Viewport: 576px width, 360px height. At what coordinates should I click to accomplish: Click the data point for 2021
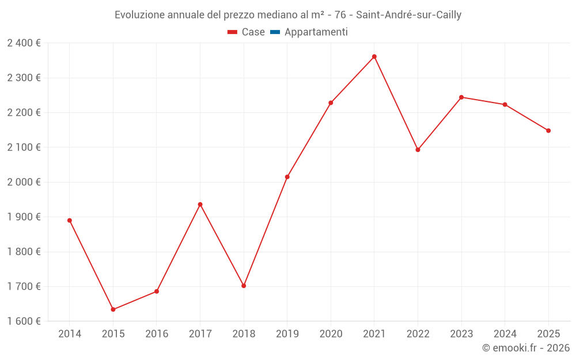click(x=374, y=56)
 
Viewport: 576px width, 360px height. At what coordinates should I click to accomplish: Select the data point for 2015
click(x=113, y=309)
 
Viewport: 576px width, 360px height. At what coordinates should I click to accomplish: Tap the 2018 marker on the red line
click(x=244, y=286)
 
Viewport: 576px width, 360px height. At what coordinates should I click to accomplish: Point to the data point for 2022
click(x=418, y=150)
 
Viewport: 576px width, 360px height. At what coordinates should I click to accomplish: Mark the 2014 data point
click(x=70, y=221)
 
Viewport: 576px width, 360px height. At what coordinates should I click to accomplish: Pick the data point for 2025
click(x=548, y=131)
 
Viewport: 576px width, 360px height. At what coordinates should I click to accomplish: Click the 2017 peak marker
click(x=200, y=204)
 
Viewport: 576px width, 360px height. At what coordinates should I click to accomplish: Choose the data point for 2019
click(x=287, y=177)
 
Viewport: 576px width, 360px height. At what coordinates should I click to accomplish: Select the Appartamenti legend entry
click(x=316, y=32)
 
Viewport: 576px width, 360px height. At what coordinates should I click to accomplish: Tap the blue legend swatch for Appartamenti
click(x=275, y=32)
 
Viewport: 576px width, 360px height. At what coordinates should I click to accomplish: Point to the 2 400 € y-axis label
click(x=24, y=43)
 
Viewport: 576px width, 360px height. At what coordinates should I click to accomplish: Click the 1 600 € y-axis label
click(x=24, y=321)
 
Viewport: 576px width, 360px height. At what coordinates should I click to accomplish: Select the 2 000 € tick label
click(x=24, y=182)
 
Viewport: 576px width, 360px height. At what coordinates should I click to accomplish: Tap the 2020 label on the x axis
click(x=331, y=334)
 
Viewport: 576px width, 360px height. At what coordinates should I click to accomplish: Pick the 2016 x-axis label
click(x=157, y=334)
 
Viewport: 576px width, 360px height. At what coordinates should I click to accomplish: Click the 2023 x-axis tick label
click(x=461, y=334)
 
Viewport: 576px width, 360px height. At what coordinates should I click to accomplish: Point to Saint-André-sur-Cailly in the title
click(x=408, y=15)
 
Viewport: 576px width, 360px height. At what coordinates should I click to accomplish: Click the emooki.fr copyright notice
click(x=525, y=348)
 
